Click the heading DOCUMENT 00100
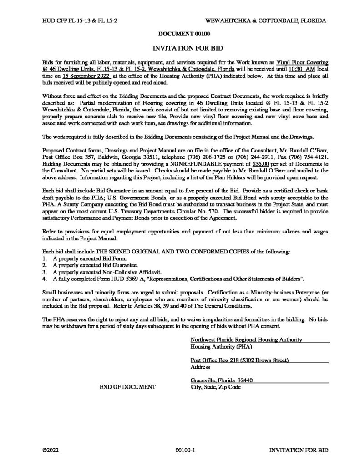pos(179,34)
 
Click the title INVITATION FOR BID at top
pos(179,47)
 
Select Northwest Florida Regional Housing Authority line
pos(246,339)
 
